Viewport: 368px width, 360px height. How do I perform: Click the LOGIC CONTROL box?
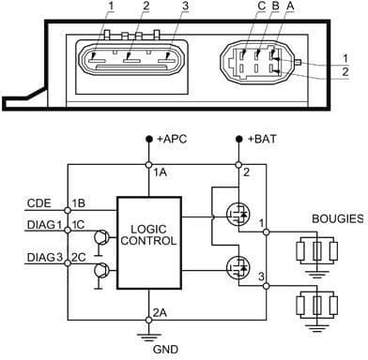tap(148, 234)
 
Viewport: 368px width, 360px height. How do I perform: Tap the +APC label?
tap(174, 140)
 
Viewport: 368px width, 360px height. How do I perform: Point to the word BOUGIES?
tap(336, 218)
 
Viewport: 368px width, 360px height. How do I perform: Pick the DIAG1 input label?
tap(41, 225)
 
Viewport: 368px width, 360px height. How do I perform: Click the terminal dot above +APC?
tap(150, 139)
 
